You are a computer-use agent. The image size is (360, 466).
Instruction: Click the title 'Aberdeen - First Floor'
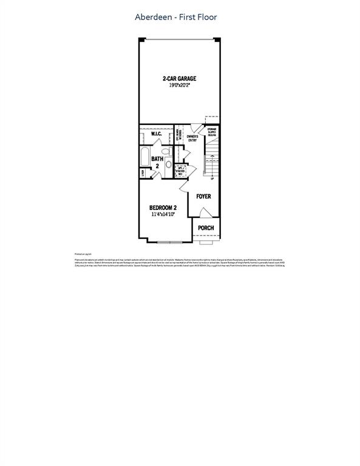(x=175, y=18)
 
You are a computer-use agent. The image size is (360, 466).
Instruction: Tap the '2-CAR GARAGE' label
(x=179, y=79)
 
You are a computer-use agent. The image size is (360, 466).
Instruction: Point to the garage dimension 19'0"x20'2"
(x=179, y=86)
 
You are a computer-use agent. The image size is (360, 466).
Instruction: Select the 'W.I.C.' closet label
(x=151, y=133)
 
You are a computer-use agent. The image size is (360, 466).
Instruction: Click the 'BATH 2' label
(x=157, y=162)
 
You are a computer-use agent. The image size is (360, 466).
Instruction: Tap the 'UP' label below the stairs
(x=212, y=178)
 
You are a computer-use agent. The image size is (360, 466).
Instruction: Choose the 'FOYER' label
(x=203, y=196)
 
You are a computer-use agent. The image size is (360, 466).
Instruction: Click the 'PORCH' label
(x=206, y=228)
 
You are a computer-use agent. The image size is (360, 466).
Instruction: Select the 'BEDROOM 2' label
(x=163, y=208)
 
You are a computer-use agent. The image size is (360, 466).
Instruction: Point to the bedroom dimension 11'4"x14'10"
(x=163, y=214)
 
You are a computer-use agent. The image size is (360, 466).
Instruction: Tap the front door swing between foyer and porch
(x=205, y=212)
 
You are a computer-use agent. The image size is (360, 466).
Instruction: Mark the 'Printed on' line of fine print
(x=82, y=254)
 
